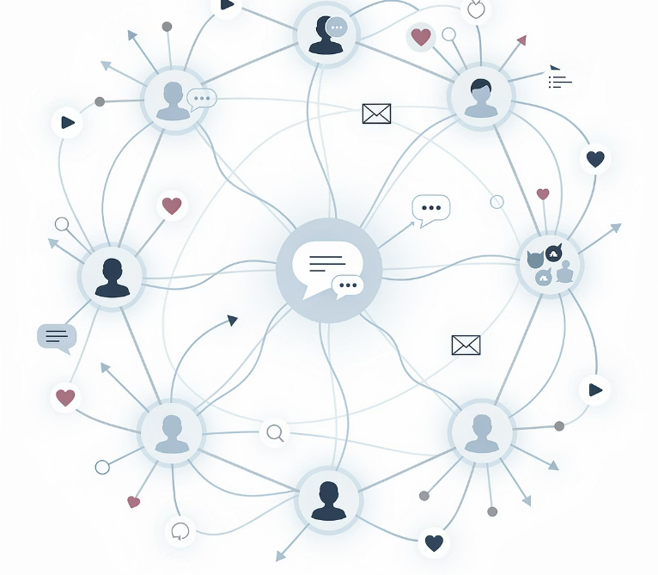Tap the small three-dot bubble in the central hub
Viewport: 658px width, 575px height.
[x=349, y=285]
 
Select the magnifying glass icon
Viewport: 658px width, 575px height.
[x=275, y=432]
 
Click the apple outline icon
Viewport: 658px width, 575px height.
[x=476, y=10]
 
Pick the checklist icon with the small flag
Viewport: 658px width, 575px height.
[x=559, y=80]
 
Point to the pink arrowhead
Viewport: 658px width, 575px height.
[x=521, y=40]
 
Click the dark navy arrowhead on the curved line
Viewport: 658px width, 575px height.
[x=232, y=320]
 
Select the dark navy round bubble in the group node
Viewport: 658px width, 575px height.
[x=554, y=253]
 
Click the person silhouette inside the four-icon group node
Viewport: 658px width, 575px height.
[x=564, y=272]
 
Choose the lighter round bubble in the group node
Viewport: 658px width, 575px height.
[x=543, y=278]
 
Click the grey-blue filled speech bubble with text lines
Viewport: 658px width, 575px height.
[x=57, y=337]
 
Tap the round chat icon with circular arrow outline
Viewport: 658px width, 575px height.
[x=180, y=530]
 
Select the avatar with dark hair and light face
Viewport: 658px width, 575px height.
[x=481, y=96]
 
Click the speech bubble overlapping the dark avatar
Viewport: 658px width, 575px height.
[x=337, y=28]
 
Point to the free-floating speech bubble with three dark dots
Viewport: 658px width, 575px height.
[x=430, y=209]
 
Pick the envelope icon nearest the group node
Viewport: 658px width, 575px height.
[x=466, y=345]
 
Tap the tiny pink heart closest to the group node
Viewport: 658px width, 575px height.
[x=543, y=194]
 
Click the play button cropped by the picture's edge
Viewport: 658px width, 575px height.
[x=226, y=5]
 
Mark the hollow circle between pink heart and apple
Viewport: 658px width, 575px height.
[x=449, y=34]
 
